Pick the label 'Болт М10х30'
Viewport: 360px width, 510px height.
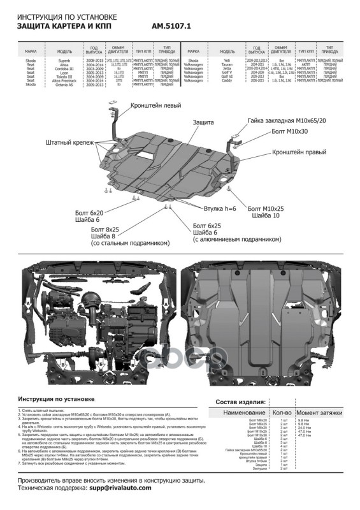click(285, 131)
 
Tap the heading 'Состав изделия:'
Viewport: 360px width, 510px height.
click(238, 402)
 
